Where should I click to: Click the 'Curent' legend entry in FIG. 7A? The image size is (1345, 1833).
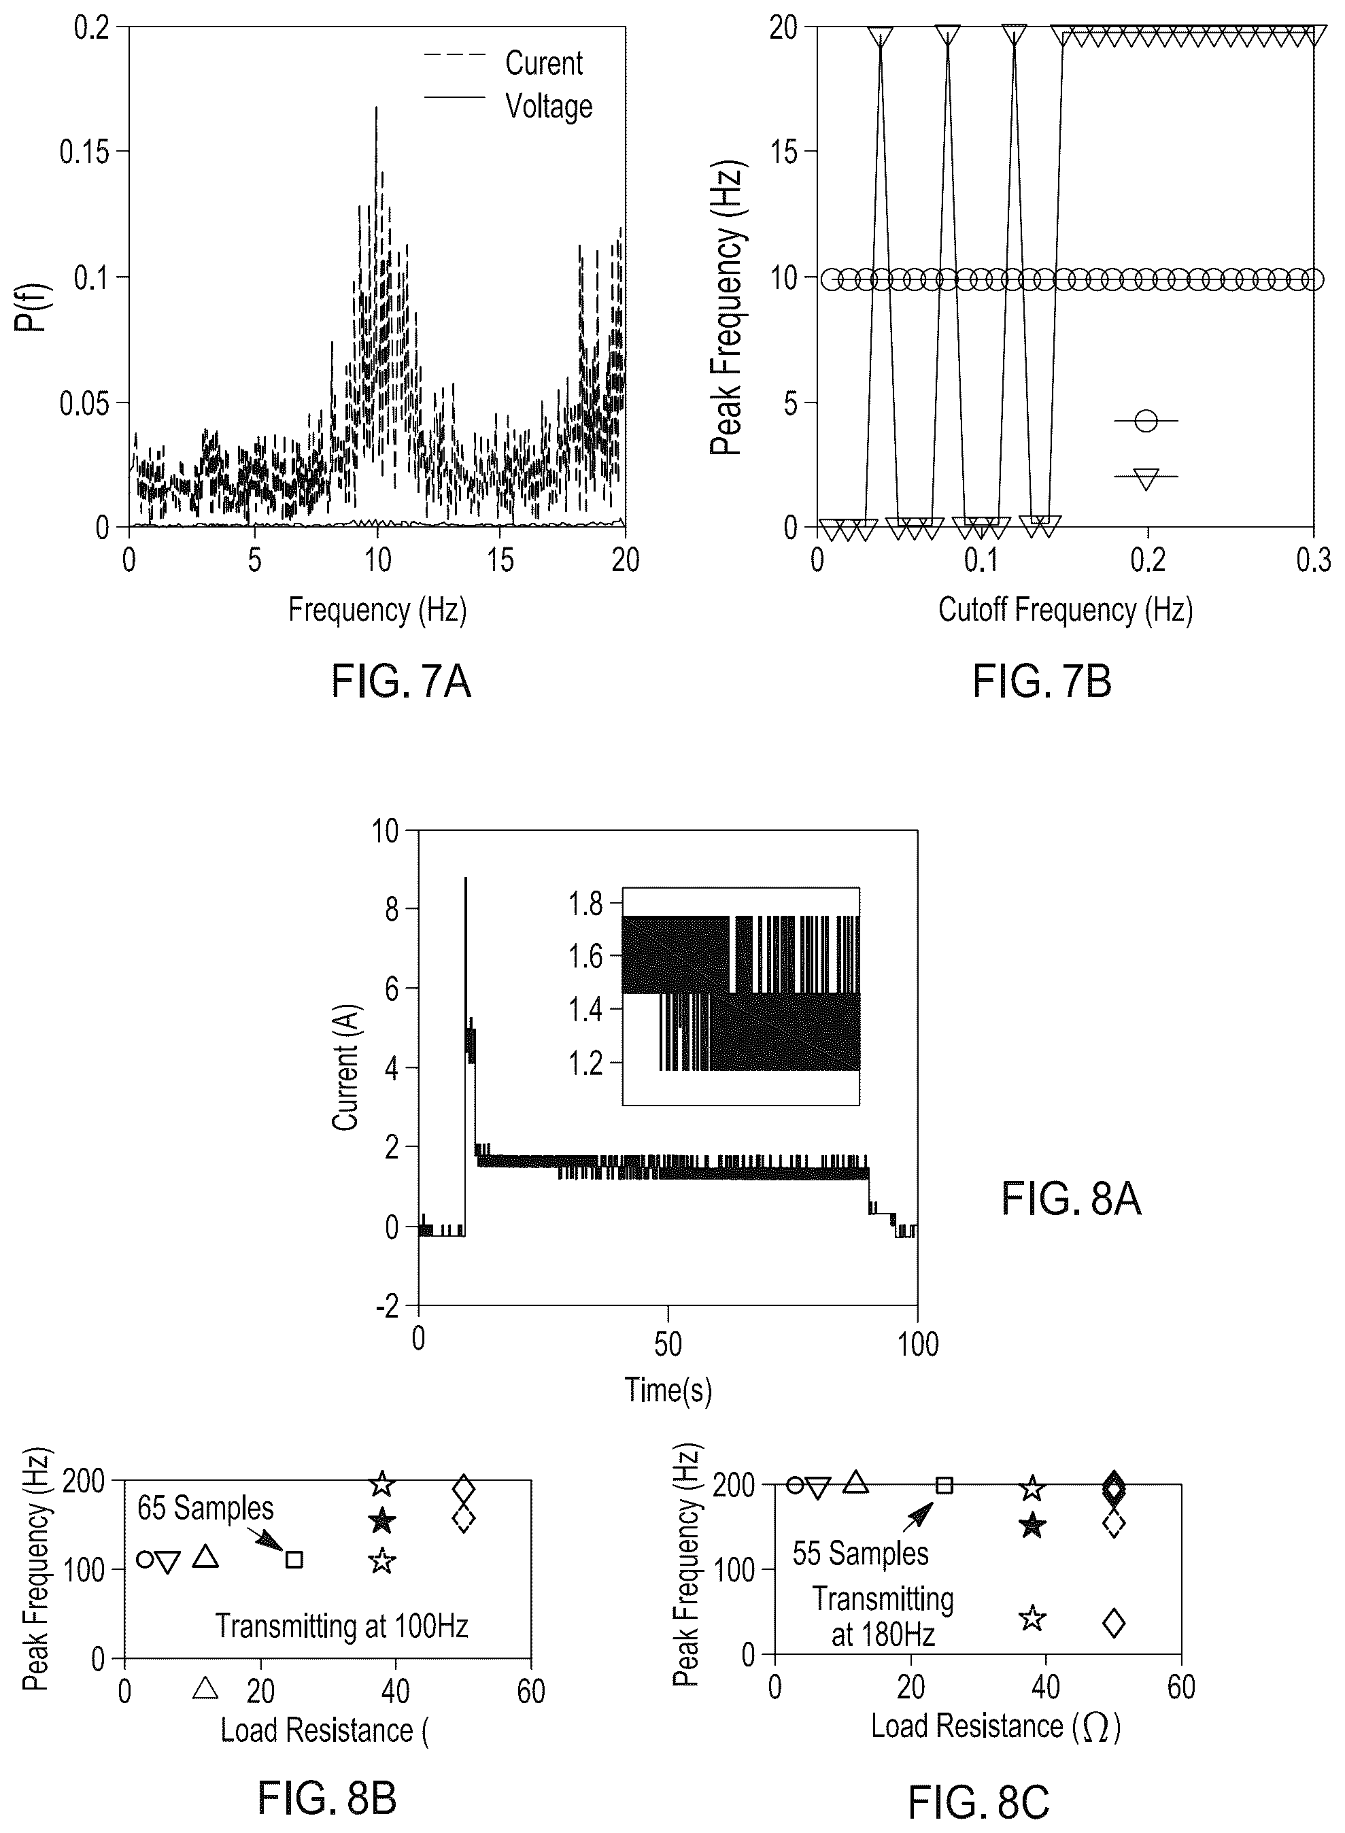point(544,63)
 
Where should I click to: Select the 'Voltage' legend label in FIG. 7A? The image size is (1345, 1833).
point(549,107)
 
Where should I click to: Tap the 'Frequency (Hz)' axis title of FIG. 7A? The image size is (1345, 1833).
point(378,610)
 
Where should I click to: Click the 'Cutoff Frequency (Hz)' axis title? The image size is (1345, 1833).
point(1065,610)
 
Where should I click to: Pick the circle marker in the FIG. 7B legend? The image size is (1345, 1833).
point(1146,421)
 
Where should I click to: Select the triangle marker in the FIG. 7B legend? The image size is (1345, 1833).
point(1146,479)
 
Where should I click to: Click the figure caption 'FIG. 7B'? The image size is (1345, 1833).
point(1042,681)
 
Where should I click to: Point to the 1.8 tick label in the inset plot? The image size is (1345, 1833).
point(586,904)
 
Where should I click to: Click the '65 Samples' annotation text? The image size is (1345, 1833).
point(205,1508)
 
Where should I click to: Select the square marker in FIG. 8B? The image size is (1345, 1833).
point(294,1560)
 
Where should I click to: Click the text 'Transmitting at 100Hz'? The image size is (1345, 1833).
point(342,1626)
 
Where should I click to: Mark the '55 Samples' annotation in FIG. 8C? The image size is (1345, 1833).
point(861,1554)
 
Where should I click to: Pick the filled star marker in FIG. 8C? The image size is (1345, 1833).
point(1032,1524)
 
